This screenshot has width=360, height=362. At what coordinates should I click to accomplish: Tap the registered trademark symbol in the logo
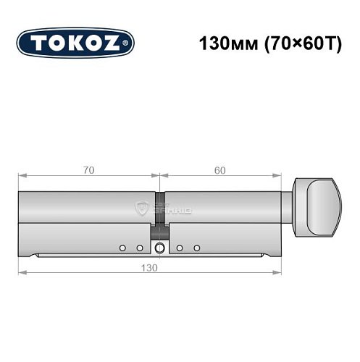click(129, 44)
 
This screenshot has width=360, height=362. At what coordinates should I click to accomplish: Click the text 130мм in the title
click(225, 43)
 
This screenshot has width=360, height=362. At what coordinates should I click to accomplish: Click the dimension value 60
click(220, 170)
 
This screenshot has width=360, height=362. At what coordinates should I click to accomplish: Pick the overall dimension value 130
click(150, 266)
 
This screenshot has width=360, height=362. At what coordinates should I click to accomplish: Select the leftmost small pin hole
click(123, 248)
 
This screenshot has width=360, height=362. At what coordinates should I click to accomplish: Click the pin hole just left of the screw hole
click(140, 248)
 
